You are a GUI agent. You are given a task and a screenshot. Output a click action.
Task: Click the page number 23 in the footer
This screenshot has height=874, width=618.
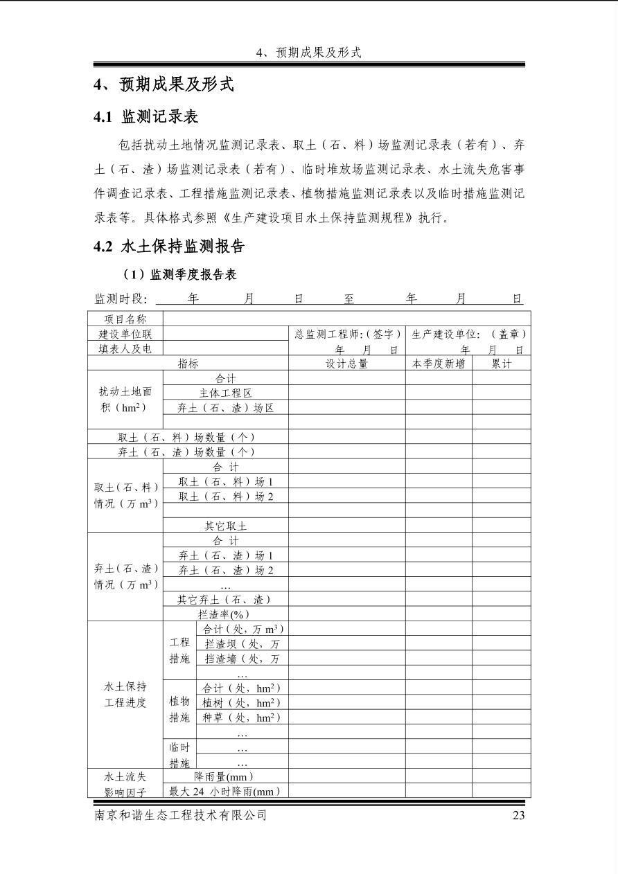pos(518,815)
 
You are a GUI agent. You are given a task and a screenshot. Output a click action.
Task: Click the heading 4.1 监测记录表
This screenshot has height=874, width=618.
pos(146,116)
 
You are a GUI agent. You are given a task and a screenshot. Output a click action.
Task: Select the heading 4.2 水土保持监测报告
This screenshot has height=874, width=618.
pos(169,247)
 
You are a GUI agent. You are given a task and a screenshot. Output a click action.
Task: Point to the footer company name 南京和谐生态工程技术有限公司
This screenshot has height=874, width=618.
pos(181,815)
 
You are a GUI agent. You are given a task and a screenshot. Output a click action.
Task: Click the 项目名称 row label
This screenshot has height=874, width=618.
pos(125,319)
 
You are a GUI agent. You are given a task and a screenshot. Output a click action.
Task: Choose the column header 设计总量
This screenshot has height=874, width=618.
pos(346,364)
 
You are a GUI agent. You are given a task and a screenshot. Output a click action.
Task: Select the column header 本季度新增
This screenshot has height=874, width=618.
pos(439,364)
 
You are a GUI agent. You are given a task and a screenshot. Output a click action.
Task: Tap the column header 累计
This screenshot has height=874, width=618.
pos(502,364)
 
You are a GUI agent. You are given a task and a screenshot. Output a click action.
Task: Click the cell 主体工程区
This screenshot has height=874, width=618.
pos(225,393)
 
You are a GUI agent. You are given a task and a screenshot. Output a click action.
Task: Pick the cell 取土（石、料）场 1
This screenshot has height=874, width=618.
pos(225,481)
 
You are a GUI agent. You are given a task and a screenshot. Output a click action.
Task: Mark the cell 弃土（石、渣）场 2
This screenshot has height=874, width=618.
pos(225,570)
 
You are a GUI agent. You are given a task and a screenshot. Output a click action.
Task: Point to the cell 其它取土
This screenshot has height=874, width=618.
pos(225,526)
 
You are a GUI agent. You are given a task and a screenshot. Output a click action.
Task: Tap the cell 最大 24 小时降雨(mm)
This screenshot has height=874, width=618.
pos(225,791)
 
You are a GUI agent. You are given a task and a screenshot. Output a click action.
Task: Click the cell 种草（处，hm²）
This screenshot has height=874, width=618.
pos(241,717)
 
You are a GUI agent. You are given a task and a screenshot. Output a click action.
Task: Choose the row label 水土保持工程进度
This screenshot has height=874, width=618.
pos(125,695)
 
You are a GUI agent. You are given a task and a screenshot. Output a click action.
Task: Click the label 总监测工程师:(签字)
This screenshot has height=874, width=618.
pos(347,334)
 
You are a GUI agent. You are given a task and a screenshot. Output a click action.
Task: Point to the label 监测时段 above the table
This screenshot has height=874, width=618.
pos(121,298)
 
